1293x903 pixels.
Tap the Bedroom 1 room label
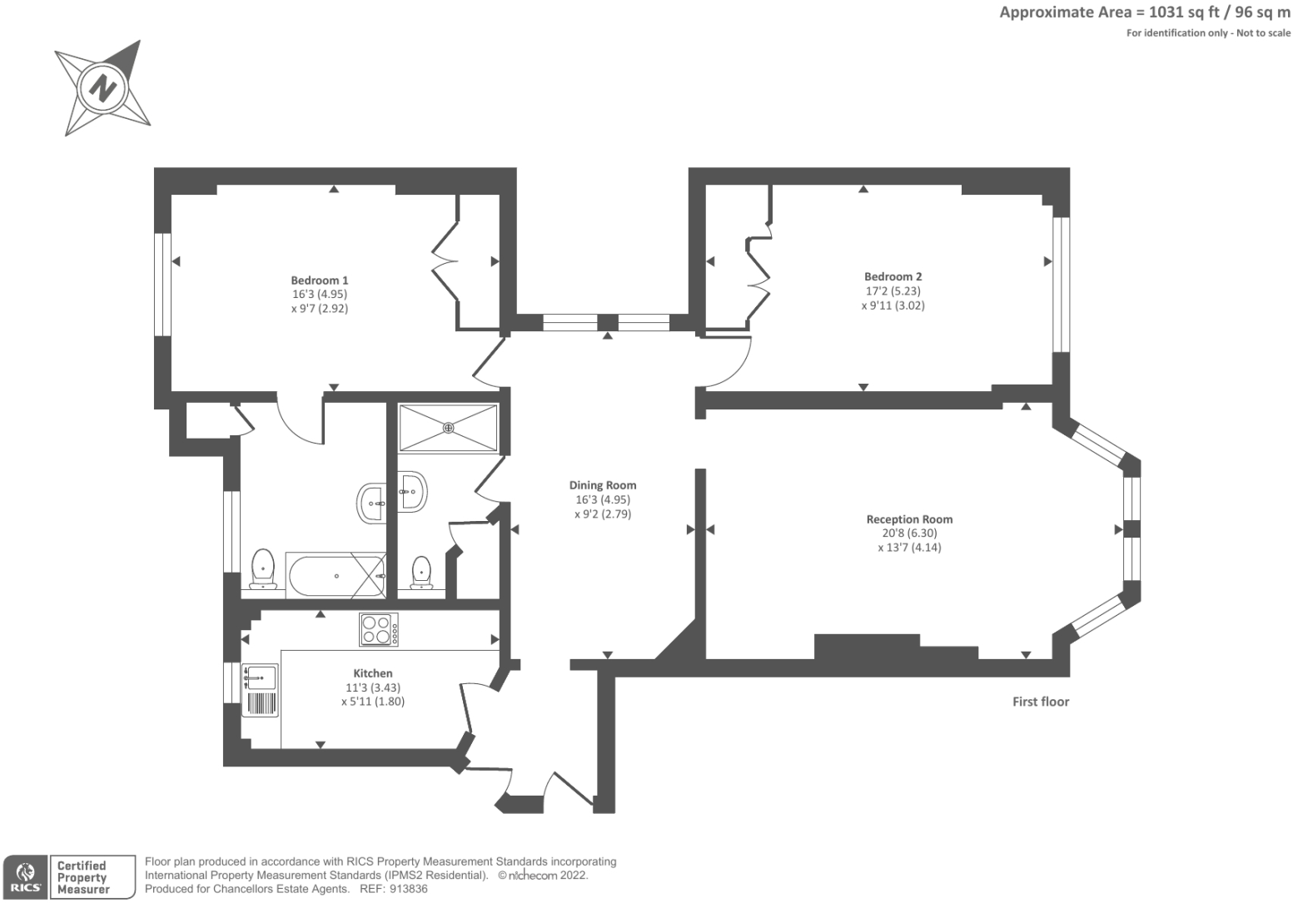tap(320, 280)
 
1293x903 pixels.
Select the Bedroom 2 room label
tap(893, 276)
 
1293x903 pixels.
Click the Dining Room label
tap(603, 485)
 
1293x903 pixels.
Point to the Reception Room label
tap(909, 519)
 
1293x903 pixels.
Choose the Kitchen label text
tap(373, 673)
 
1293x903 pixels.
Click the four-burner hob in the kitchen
tap(379, 629)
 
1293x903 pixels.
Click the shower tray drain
tap(449, 428)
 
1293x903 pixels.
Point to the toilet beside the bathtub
tap(263, 569)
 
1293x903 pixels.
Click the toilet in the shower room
tap(422, 573)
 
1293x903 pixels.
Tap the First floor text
tap(1040, 702)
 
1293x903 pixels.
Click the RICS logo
tap(24, 877)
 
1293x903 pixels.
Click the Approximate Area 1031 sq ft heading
tap(1144, 12)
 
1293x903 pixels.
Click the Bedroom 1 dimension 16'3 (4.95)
tap(320, 295)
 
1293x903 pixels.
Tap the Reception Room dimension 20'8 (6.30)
tap(909, 533)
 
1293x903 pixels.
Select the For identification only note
tap(1208, 33)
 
